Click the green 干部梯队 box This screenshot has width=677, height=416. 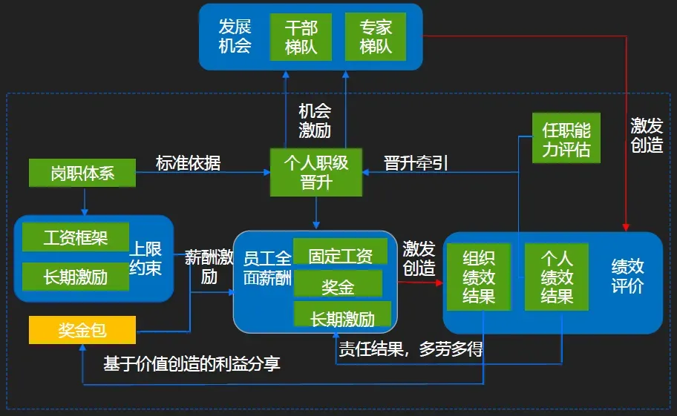pos(301,37)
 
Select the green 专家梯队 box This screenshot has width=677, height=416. pos(376,37)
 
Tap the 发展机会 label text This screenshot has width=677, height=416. pos(235,37)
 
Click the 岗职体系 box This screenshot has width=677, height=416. pos(82,174)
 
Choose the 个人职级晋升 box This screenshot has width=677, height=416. pos(315,172)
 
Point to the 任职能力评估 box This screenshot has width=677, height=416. pos(566,139)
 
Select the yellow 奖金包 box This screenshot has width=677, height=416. pos(82,330)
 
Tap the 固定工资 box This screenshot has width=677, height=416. pos(340,256)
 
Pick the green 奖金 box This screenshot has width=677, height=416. pos(338,285)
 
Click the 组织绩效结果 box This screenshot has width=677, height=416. pos(479,277)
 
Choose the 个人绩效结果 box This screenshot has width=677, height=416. pos(557,277)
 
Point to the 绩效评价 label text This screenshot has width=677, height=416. pos(627,276)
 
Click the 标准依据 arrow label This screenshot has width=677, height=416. pos(188,163)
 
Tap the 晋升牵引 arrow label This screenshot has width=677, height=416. pos(416,163)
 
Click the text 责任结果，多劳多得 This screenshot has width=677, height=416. pos(411,349)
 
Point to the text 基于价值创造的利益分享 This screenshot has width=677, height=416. pos(192,364)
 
